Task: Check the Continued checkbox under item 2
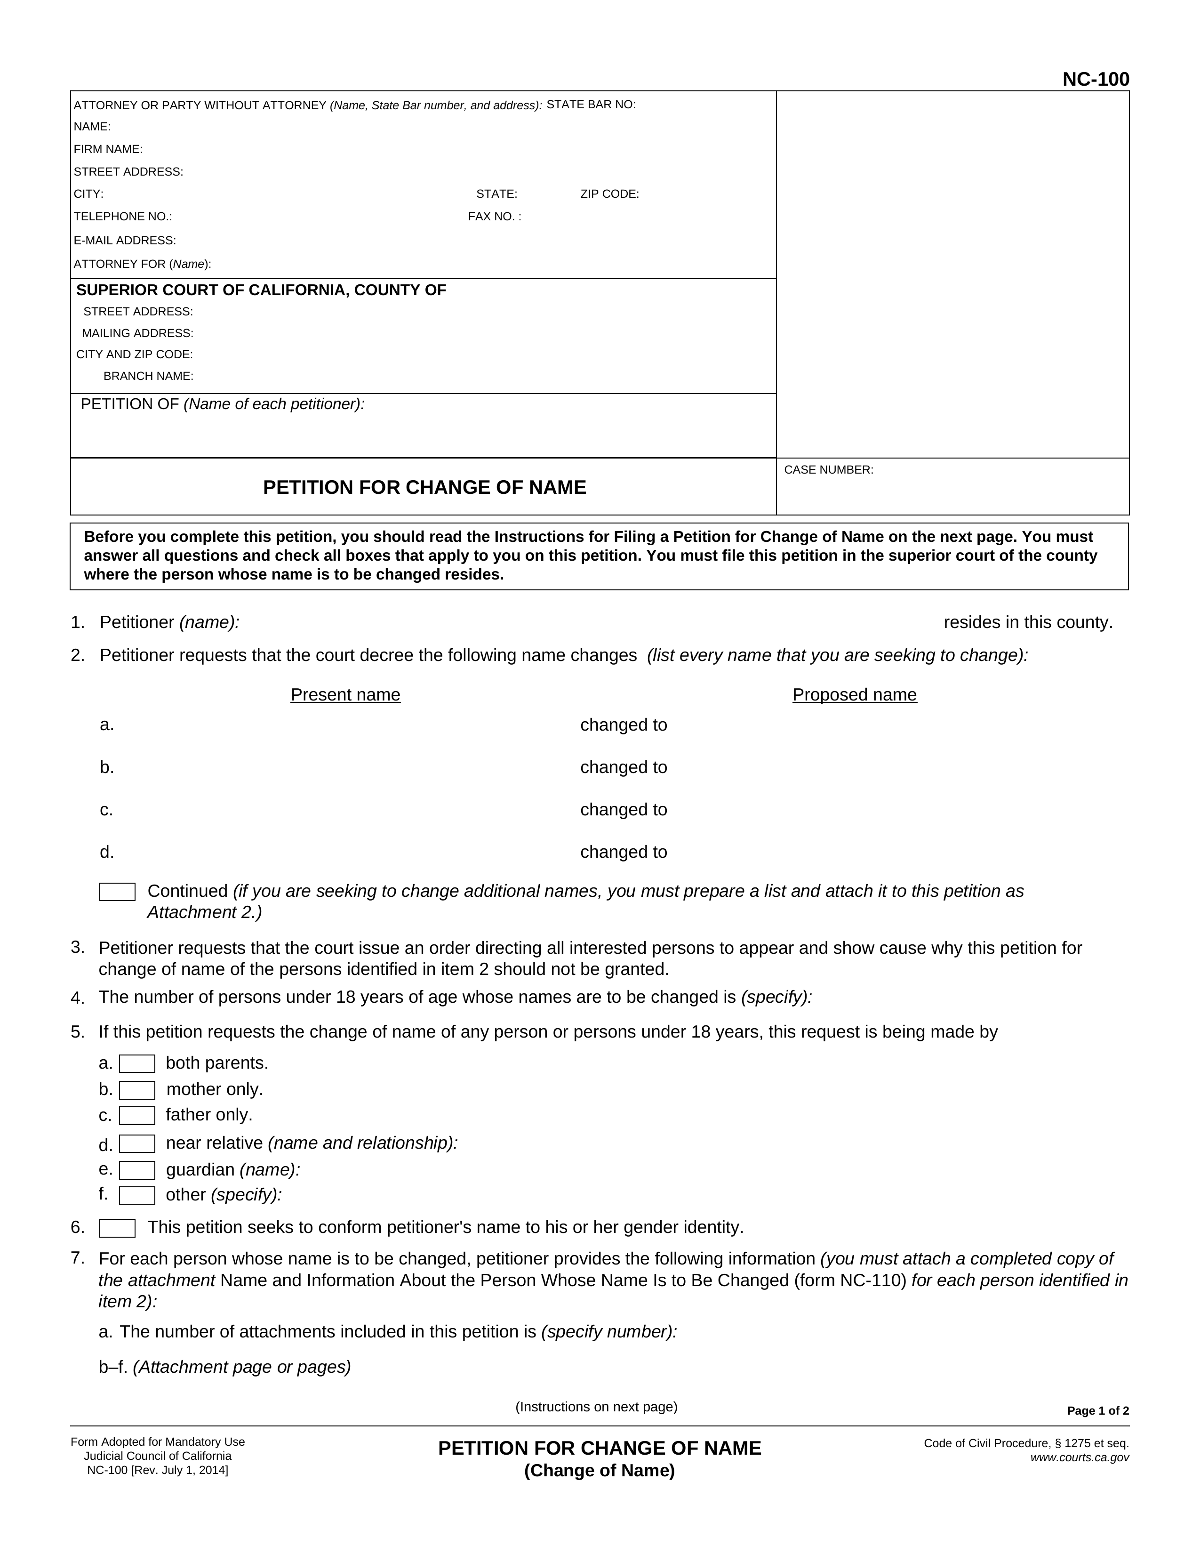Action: point(117,892)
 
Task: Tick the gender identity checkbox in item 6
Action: point(117,1228)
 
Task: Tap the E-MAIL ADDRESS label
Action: point(125,241)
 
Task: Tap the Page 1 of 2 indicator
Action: point(1097,1411)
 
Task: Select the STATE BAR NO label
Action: point(591,105)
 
